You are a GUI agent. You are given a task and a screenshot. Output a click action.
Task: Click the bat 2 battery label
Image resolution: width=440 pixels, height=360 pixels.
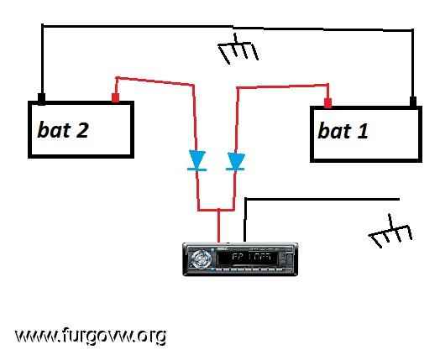pyautogui.click(x=63, y=130)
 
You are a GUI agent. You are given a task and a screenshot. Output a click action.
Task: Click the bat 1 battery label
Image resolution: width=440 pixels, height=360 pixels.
pyautogui.click(x=343, y=131)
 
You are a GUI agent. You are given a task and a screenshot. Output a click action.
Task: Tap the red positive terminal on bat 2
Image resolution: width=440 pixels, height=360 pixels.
pyautogui.click(x=115, y=98)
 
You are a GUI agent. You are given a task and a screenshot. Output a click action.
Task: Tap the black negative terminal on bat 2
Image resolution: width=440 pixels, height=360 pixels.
pyautogui.click(x=41, y=99)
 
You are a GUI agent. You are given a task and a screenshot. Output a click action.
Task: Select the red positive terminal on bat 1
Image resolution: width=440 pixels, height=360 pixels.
pyautogui.click(x=327, y=103)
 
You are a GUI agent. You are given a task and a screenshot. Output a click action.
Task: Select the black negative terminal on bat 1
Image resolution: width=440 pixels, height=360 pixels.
pyautogui.click(x=413, y=102)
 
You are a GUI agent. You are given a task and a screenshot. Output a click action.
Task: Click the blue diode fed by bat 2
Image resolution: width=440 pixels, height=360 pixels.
pyautogui.click(x=197, y=160)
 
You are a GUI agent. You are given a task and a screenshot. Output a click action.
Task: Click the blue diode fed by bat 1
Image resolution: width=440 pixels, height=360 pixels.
pyautogui.click(x=236, y=161)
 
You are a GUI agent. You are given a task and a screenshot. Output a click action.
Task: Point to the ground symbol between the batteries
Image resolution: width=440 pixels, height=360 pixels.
pyautogui.click(x=238, y=49)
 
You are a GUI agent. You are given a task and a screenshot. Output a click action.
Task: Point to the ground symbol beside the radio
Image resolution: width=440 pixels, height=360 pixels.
pyautogui.click(x=390, y=232)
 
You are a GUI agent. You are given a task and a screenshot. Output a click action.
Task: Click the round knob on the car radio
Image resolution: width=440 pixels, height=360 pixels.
pyautogui.click(x=201, y=258)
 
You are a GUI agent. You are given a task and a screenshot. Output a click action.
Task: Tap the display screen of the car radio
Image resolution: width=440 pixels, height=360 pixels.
pyautogui.click(x=248, y=258)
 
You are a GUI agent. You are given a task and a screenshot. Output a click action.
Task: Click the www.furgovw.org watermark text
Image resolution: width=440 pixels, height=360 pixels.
pyautogui.click(x=91, y=336)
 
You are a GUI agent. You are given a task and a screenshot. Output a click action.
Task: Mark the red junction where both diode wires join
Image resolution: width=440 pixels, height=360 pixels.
pyautogui.click(x=219, y=210)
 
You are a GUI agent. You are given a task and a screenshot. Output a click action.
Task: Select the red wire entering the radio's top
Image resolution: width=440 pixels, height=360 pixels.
pyautogui.click(x=219, y=226)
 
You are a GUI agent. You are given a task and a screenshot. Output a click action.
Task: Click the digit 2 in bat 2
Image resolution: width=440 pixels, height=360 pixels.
pyautogui.click(x=81, y=130)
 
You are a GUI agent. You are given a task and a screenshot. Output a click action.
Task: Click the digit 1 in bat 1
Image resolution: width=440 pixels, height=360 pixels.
pyautogui.click(x=363, y=132)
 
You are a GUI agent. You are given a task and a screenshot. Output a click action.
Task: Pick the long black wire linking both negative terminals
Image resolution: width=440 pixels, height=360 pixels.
pyautogui.click(x=228, y=27)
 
